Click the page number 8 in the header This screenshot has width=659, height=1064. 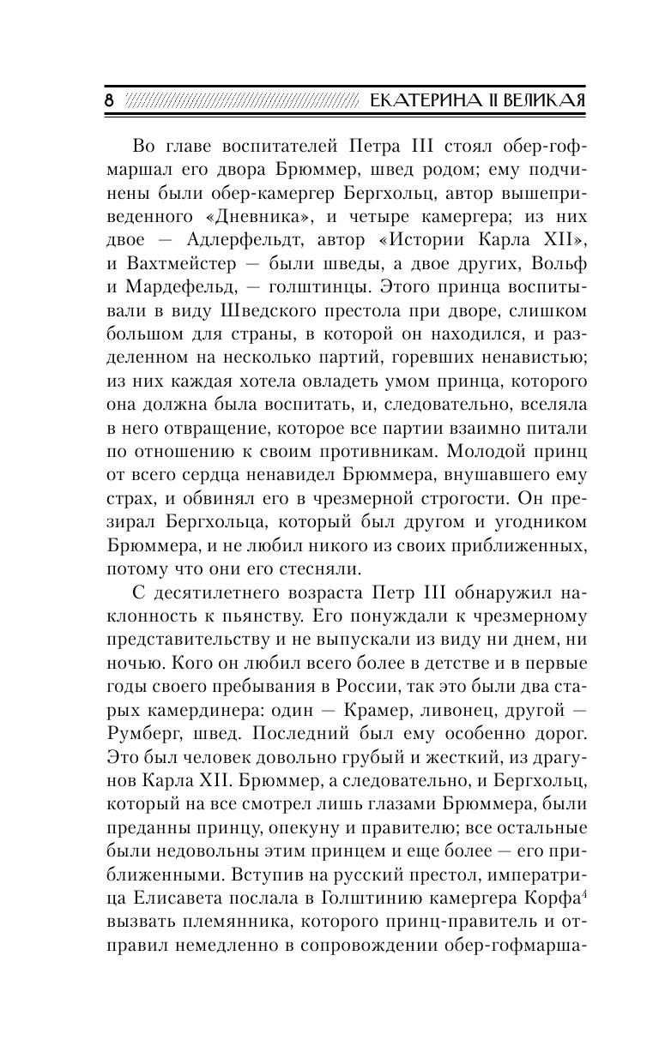point(108,99)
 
